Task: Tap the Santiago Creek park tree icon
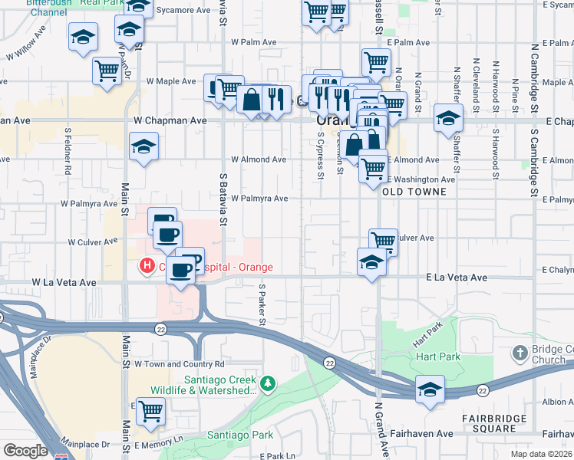point(267,383)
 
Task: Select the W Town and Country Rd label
point(179,364)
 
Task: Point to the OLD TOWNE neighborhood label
point(409,191)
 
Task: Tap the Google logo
point(25,451)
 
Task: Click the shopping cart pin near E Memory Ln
point(150,412)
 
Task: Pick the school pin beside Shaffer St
point(448,118)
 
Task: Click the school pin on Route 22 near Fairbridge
point(430,389)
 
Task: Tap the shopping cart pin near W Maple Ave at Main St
point(107,71)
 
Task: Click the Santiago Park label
point(240,435)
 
